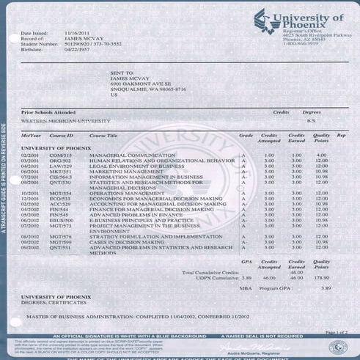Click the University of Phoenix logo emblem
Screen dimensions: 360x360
coord(261,18)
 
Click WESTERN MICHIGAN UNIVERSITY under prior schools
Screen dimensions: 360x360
coord(65,120)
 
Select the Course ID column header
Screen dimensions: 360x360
coord(61,136)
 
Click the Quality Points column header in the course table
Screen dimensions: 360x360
coord(321,138)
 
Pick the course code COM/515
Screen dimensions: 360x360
coord(60,155)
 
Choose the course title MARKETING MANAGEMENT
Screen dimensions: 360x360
coord(121,171)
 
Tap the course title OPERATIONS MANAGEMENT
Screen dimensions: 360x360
coord(122,192)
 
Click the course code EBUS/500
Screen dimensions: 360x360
coord(62,220)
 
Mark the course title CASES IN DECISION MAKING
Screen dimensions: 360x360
coord(121,242)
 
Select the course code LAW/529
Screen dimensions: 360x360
coord(60,166)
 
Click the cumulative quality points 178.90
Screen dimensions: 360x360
coord(321,278)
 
